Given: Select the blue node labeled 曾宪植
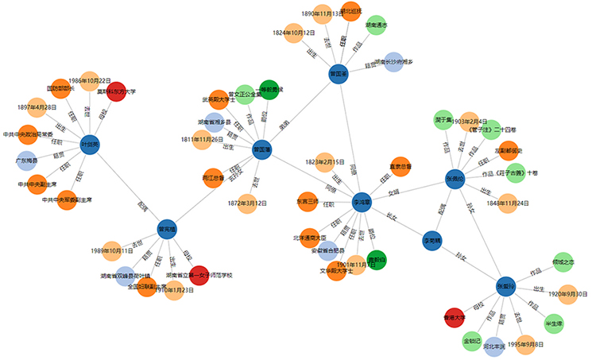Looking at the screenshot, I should pyautogui.click(x=166, y=229).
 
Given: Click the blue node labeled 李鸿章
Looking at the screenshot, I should pyautogui.click(x=362, y=202).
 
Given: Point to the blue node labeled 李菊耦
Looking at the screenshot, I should pyautogui.click(x=432, y=238).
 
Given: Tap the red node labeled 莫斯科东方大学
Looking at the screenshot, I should pyautogui.click(x=117, y=91).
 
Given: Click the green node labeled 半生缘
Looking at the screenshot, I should pyautogui.click(x=553, y=323).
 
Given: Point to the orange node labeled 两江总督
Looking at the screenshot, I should pyautogui.click(x=212, y=177).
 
